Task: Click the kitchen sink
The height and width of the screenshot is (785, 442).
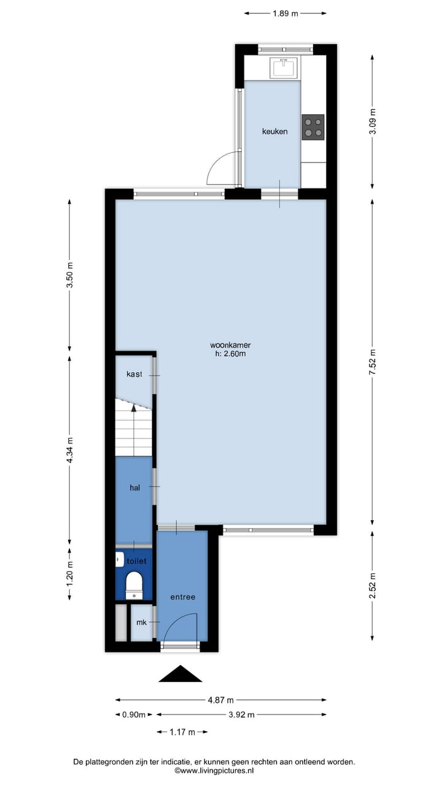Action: point(283,67)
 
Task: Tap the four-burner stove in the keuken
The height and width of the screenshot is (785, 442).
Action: point(313,128)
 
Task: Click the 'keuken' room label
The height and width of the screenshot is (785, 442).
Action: point(274,131)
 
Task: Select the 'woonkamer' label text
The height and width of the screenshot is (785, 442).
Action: point(230,345)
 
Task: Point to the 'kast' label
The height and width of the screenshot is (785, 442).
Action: point(134,374)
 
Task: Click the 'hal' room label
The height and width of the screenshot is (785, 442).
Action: point(135,488)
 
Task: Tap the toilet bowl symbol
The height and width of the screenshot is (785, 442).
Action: point(133,583)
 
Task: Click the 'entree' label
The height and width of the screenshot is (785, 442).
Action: point(183,597)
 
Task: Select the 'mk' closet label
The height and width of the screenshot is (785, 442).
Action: point(142,622)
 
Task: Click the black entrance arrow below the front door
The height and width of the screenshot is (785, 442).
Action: point(180,674)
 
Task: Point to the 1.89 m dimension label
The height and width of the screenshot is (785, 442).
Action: point(285,13)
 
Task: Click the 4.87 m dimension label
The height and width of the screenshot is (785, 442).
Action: point(221,700)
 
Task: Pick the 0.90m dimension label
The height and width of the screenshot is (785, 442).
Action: point(134,714)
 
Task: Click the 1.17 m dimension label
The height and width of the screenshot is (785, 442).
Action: point(182,732)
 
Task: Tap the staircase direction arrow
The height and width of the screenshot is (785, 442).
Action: point(134,407)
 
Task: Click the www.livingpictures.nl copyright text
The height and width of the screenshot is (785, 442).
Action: point(214,771)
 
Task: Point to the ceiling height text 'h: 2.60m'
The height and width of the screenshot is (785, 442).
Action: point(230,353)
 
